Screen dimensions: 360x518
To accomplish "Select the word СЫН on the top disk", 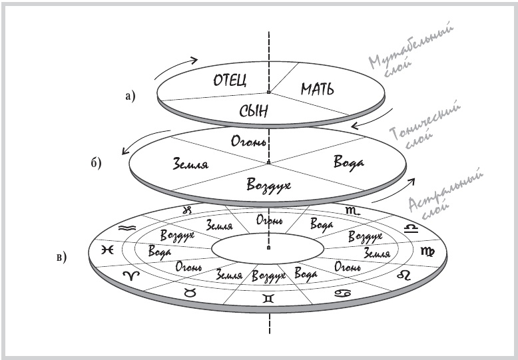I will (x=254, y=111).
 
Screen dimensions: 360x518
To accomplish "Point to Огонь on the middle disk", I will (x=248, y=141).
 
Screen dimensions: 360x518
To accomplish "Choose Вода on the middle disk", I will (x=342, y=162).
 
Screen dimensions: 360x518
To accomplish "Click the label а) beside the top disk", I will (x=130, y=96).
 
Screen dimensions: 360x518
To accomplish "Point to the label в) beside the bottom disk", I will (x=61, y=256).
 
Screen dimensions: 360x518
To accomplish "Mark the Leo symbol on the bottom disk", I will (x=404, y=275).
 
